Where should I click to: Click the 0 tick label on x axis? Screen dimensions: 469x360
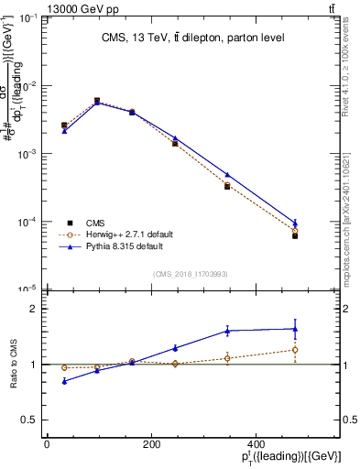[47, 445]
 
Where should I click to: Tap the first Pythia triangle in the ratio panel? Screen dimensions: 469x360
[64, 380]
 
